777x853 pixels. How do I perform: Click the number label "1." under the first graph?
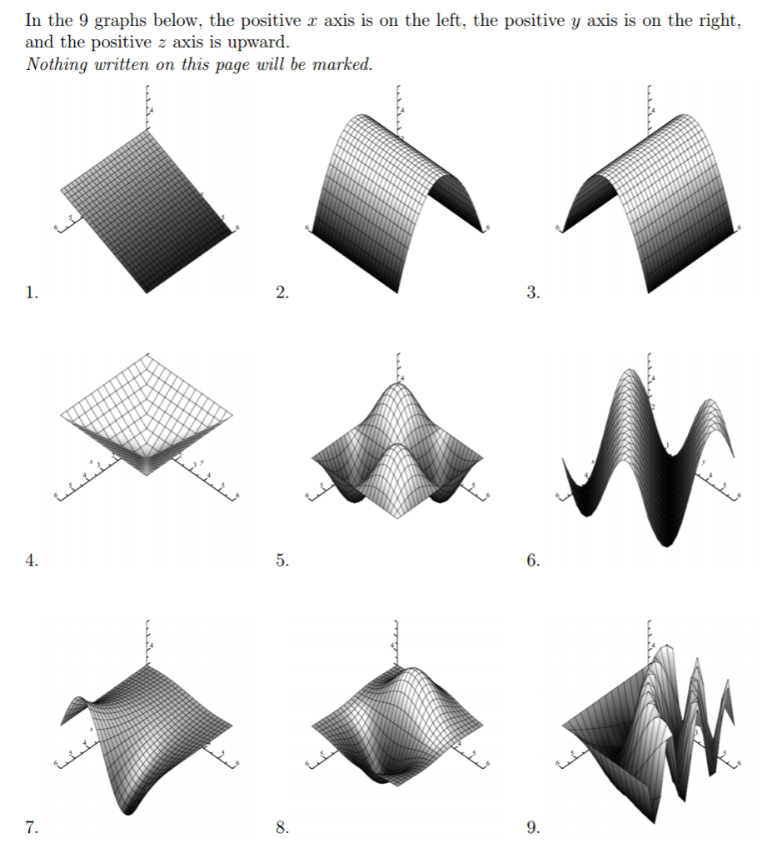31,292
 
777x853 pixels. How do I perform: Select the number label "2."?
282,292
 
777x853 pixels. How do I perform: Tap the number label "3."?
533,292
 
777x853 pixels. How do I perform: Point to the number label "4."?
31,561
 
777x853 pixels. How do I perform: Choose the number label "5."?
282,561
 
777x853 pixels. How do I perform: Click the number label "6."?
533,561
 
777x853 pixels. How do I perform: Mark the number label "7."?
31,827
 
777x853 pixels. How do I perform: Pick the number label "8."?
282,827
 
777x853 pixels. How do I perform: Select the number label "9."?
533,827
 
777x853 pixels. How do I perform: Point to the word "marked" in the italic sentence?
341,65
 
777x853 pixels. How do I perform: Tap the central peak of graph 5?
398,383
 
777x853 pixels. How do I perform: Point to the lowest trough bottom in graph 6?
665,543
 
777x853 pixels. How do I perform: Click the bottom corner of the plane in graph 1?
147,292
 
